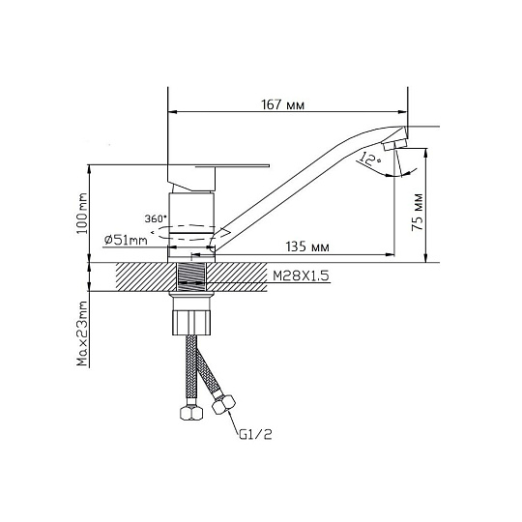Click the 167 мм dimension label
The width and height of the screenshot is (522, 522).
coord(282,104)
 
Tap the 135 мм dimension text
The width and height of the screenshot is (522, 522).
coord(307,246)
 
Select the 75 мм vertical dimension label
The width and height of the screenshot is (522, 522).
coord(418,212)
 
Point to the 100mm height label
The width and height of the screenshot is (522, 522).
coord(82,213)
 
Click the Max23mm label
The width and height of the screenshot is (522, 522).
coord(82,333)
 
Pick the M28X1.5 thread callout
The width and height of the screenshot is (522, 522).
coord(301,275)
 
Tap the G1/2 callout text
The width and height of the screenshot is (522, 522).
coord(255,434)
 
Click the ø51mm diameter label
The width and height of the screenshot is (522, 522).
coord(126,240)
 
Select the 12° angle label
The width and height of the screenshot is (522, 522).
coord(370,159)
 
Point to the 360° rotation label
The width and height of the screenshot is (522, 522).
coord(155,218)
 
